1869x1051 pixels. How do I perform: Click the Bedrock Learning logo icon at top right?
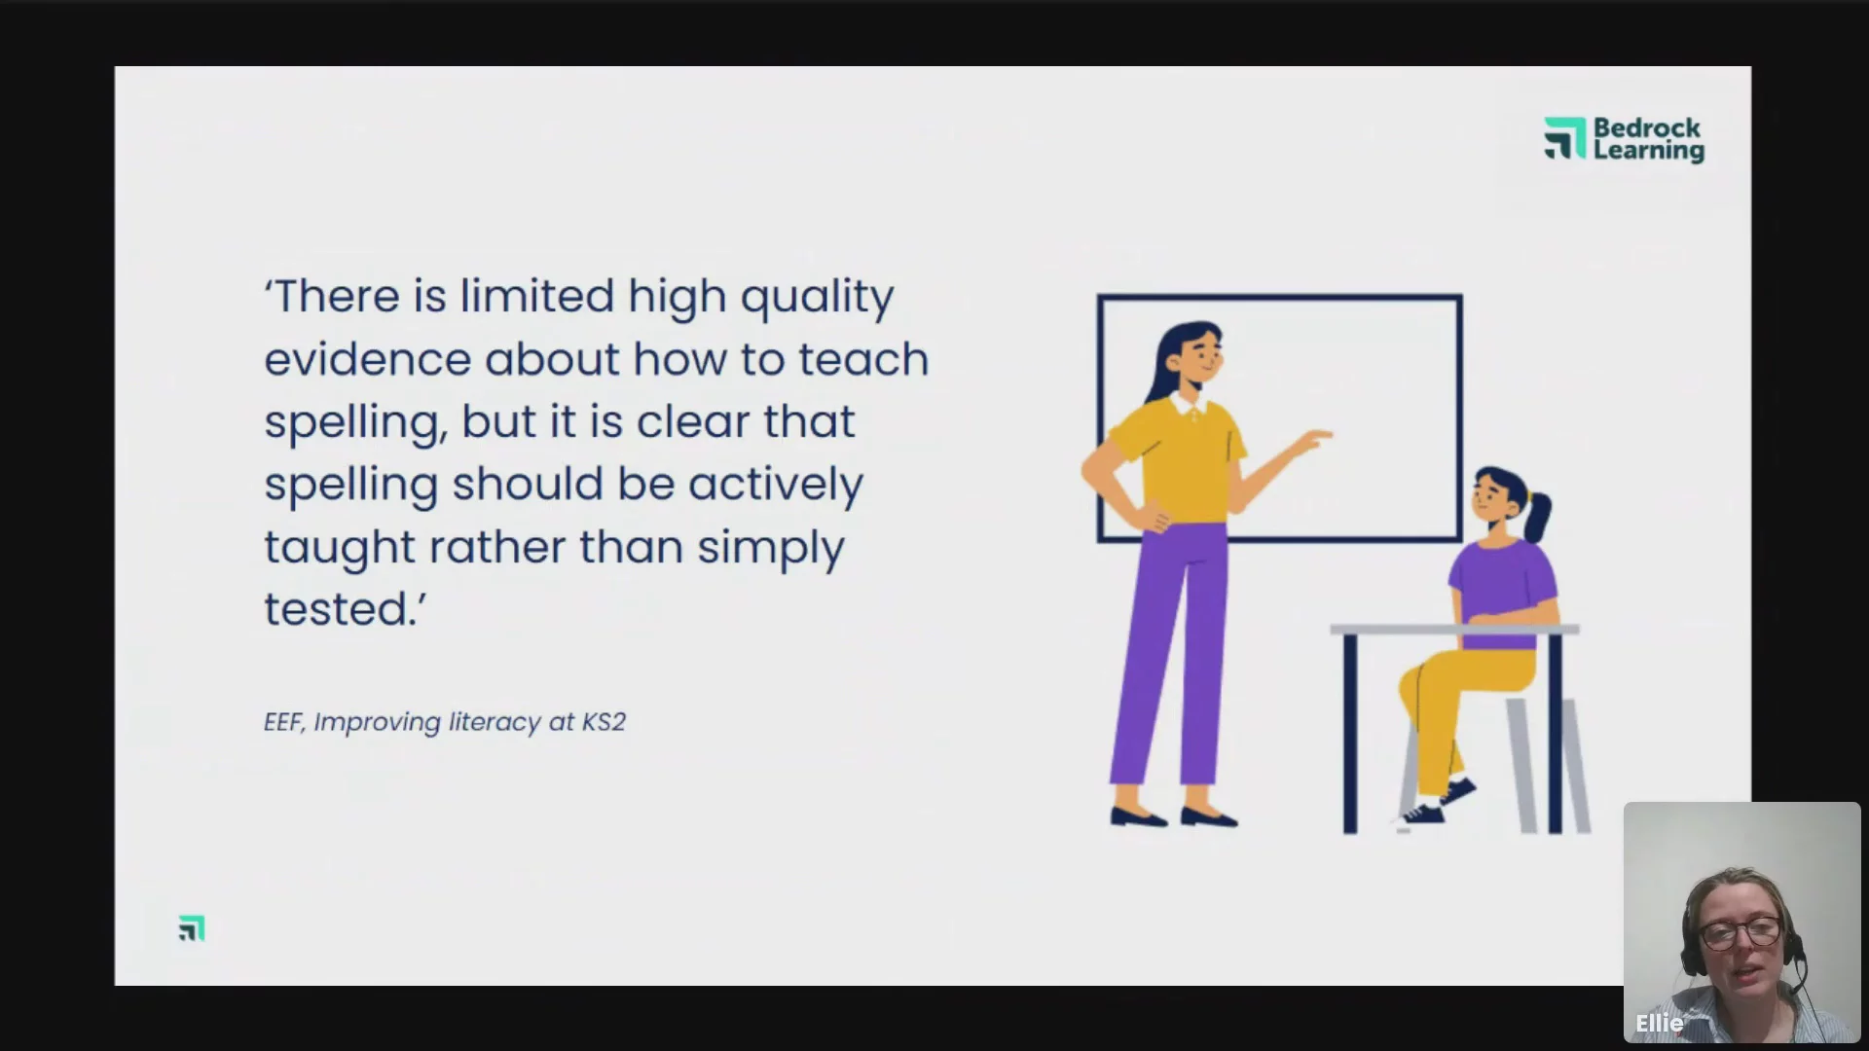point(1564,138)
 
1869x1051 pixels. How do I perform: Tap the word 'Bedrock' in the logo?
point(1647,127)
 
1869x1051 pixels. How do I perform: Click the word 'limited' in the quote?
point(537,295)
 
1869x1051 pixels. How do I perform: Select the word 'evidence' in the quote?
point(367,358)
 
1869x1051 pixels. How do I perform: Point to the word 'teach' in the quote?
point(863,358)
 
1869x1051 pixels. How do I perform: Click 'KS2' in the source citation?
point(604,722)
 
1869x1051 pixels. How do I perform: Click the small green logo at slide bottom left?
point(192,928)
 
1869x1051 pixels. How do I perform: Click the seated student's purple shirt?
point(1502,590)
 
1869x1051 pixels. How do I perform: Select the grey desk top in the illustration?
point(1454,630)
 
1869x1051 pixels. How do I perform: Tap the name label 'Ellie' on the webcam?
point(1659,1023)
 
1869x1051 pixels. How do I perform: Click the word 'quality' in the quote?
point(817,297)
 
